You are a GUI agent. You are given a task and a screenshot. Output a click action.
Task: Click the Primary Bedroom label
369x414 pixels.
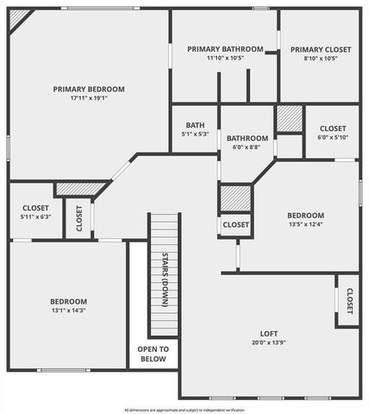(89, 89)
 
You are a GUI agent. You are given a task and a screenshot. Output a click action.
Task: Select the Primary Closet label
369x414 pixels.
(320, 49)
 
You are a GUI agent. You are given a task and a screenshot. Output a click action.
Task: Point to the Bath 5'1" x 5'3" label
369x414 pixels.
(195, 124)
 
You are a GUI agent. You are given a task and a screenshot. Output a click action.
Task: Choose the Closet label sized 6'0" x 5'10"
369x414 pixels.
(332, 129)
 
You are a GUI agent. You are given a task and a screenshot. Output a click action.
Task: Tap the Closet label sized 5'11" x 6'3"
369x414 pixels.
(35, 208)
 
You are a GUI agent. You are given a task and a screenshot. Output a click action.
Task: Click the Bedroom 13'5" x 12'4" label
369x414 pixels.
(305, 216)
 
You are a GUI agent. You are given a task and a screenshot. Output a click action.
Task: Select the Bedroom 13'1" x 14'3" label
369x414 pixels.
(67, 301)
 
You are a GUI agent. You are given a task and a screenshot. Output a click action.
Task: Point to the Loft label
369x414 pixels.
(270, 334)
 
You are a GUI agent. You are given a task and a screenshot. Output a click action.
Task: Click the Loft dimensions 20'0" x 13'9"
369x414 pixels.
(270, 343)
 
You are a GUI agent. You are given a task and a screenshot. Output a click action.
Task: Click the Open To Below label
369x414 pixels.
(153, 354)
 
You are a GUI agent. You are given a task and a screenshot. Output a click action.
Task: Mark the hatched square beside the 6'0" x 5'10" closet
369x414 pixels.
(290, 118)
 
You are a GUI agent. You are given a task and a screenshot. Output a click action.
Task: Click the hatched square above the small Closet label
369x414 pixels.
(235, 198)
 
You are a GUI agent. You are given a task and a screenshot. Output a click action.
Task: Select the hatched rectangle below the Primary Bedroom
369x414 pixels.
(78, 189)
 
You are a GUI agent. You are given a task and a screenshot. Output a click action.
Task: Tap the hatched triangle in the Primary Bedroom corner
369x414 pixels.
(18, 18)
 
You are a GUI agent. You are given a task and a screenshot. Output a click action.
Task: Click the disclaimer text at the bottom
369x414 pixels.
(184, 410)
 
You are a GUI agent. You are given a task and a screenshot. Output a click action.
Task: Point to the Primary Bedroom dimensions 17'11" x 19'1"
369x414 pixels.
(89, 98)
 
